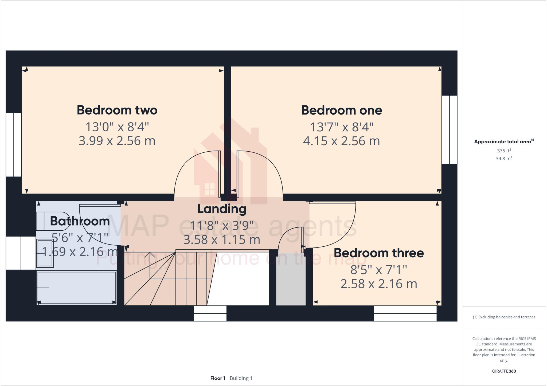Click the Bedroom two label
pos(117,110)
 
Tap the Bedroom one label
pos(342,110)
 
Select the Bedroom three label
pos(379,253)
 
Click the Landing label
pos(222,209)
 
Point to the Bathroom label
pos(80,221)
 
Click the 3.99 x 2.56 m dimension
pos(117,141)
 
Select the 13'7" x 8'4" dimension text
pos(342,127)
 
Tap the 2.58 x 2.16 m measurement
pos(379,283)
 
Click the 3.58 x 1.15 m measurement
pos(222,239)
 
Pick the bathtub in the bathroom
pos(76,287)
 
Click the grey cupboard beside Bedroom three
pos(291,279)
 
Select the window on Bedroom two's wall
pos(13,144)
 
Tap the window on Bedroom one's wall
pos(449,129)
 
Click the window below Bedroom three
pos(405,313)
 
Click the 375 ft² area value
pos(504,151)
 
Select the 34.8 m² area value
pos(504,159)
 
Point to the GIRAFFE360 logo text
pos(504,371)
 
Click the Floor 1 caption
pos(218,378)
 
